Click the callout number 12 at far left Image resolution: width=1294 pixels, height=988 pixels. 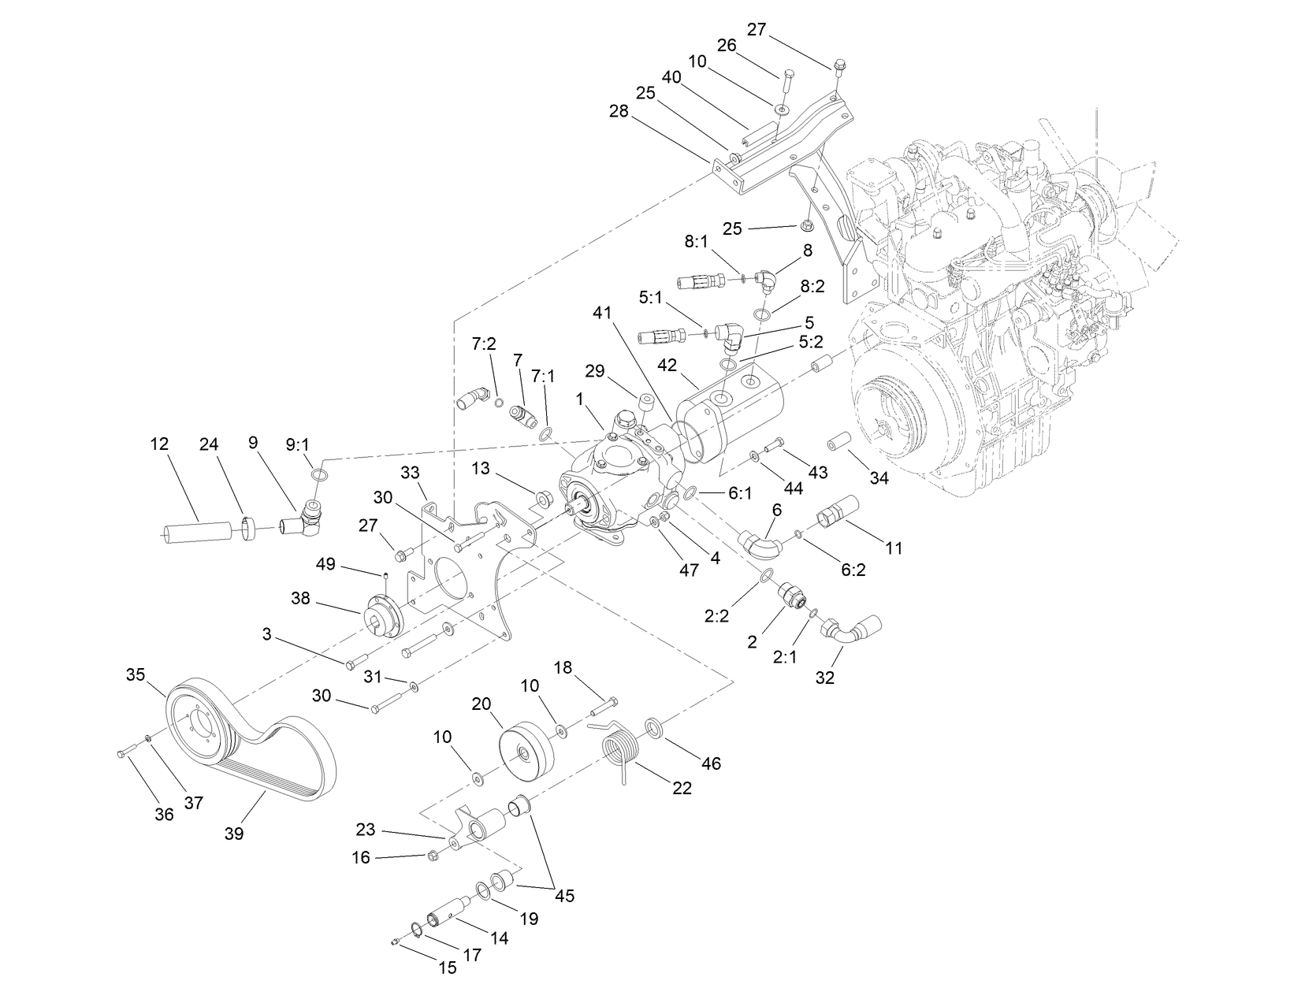(159, 444)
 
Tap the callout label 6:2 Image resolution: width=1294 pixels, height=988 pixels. (853, 569)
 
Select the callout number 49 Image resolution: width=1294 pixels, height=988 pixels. (325, 564)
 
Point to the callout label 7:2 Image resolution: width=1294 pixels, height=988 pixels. (484, 344)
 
